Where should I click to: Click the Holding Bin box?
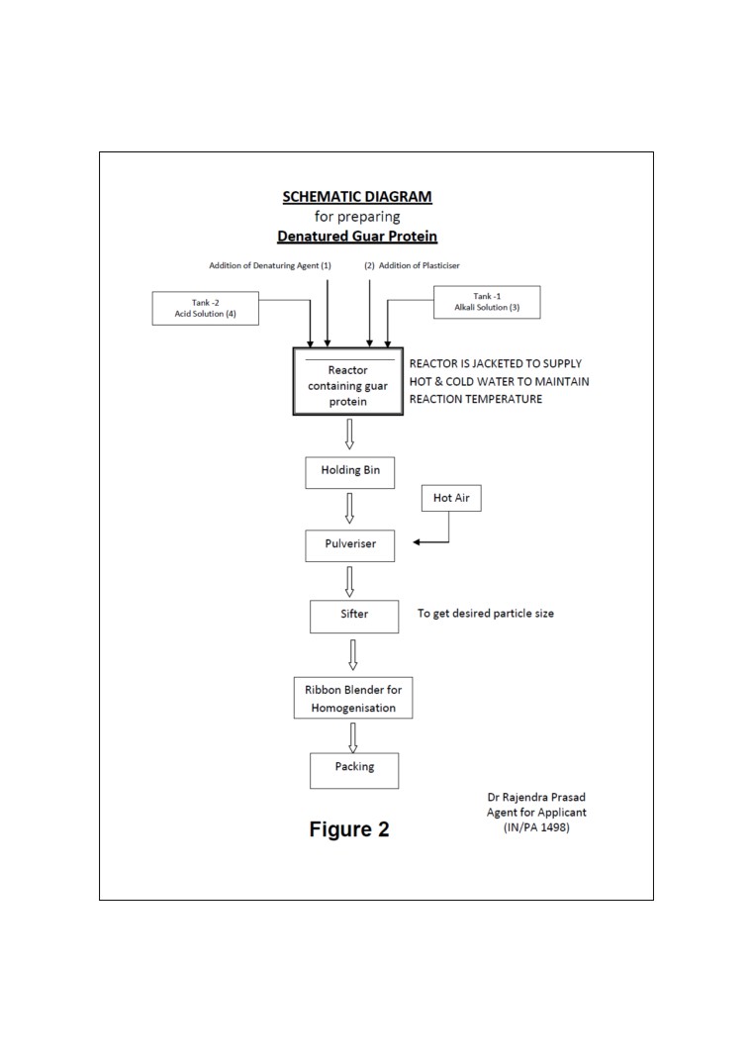350,473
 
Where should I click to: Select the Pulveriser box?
350,545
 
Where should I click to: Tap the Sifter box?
354,617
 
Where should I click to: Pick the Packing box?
354,770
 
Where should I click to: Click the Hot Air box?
451,498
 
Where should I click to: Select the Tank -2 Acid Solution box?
206,308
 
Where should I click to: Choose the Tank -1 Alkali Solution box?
487,302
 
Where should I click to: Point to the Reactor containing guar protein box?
348,381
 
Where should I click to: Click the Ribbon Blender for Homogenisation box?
353,698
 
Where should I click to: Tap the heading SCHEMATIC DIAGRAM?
357,197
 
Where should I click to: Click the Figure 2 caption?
349,829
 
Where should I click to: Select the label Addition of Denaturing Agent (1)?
270,265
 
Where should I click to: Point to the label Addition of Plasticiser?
420,265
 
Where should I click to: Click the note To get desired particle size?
486,614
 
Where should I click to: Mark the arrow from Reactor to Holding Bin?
349,435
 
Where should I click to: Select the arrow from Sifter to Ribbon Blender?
353,654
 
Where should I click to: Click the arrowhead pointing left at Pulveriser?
417,542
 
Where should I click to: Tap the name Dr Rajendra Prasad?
536,798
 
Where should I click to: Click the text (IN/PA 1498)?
536,827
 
